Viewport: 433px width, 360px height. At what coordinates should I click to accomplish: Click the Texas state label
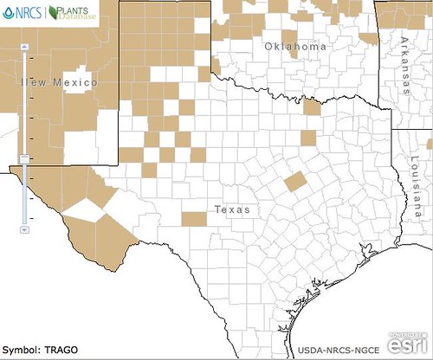pos(231,209)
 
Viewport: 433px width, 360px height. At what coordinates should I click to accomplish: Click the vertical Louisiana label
pos(416,185)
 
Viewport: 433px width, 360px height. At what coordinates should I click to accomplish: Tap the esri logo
pos(406,345)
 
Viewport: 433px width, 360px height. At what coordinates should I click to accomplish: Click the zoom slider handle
pos(24,157)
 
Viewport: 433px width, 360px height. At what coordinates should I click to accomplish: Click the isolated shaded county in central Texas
pos(294,182)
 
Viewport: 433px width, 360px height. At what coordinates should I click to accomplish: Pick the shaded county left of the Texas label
pos(194,217)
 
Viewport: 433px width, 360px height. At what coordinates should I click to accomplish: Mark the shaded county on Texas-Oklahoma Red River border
pos(310,106)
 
